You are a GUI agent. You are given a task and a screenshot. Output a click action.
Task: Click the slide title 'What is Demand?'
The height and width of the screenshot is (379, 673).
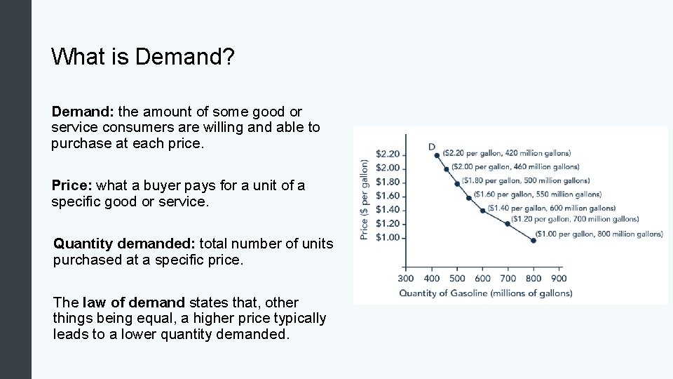click(x=142, y=57)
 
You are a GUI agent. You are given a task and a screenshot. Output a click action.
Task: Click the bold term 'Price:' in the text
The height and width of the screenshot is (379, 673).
click(x=72, y=186)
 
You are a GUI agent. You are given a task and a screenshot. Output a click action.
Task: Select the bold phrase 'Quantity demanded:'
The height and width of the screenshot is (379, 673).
click(x=125, y=244)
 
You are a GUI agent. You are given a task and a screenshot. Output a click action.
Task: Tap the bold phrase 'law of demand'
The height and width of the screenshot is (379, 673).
click(x=134, y=302)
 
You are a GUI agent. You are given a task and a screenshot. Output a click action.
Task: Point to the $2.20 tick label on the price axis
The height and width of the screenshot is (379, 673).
click(x=388, y=154)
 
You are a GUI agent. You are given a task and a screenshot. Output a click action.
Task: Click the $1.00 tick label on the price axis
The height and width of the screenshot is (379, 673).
click(x=388, y=237)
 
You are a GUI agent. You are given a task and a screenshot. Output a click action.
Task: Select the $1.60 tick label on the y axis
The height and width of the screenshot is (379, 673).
click(x=388, y=196)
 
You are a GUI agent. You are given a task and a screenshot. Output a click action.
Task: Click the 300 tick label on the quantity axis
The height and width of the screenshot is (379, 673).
click(x=407, y=279)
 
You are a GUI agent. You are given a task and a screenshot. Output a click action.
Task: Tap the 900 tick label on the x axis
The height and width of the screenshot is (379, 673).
click(x=559, y=279)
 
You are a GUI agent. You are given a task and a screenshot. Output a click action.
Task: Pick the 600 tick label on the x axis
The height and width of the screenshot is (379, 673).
click(x=482, y=279)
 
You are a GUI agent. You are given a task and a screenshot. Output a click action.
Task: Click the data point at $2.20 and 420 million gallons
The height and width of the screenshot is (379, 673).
click(x=437, y=155)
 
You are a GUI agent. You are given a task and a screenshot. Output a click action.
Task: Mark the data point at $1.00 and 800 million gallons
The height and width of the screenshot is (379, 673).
click(x=533, y=240)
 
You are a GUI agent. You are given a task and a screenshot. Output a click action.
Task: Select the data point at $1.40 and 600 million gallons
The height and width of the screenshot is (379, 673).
click(x=482, y=210)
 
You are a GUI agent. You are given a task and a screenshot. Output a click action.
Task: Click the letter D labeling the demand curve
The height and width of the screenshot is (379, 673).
click(x=432, y=146)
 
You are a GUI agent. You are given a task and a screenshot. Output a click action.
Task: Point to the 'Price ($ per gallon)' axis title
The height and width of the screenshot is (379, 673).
click(x=365, y=200)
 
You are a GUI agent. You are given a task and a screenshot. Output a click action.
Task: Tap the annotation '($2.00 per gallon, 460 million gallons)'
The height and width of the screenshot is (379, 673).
click(x=515, y=167)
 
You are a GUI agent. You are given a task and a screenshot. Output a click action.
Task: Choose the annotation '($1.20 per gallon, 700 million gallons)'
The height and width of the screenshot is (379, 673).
click(x=575, y=219)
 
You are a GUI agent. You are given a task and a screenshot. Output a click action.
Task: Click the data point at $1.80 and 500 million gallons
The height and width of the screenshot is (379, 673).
click(x=457, y=184)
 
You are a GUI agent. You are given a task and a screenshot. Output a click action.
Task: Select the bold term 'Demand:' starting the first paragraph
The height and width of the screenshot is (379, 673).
click(x=83, y=112)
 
